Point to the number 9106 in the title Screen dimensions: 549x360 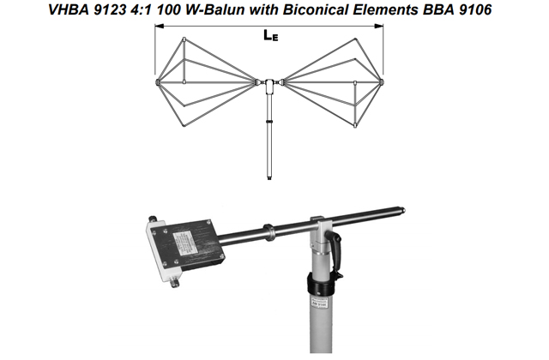coord(475,9)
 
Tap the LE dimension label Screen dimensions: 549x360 coord(271,35)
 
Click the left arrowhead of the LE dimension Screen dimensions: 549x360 coord(160,26)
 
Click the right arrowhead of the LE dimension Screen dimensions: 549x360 coord(379,26)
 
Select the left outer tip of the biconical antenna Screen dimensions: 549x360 coord(157,82)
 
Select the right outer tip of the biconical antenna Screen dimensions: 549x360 coord(382,82)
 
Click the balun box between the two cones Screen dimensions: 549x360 coord(269,87)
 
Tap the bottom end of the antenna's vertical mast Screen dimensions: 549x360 coord(269,178)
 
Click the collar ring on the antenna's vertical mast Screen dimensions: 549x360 coord(269,122)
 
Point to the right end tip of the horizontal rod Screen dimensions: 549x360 coord(403,211)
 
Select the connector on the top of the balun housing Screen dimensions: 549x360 coord(153,219)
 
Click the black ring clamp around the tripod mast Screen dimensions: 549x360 coord(322,284)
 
